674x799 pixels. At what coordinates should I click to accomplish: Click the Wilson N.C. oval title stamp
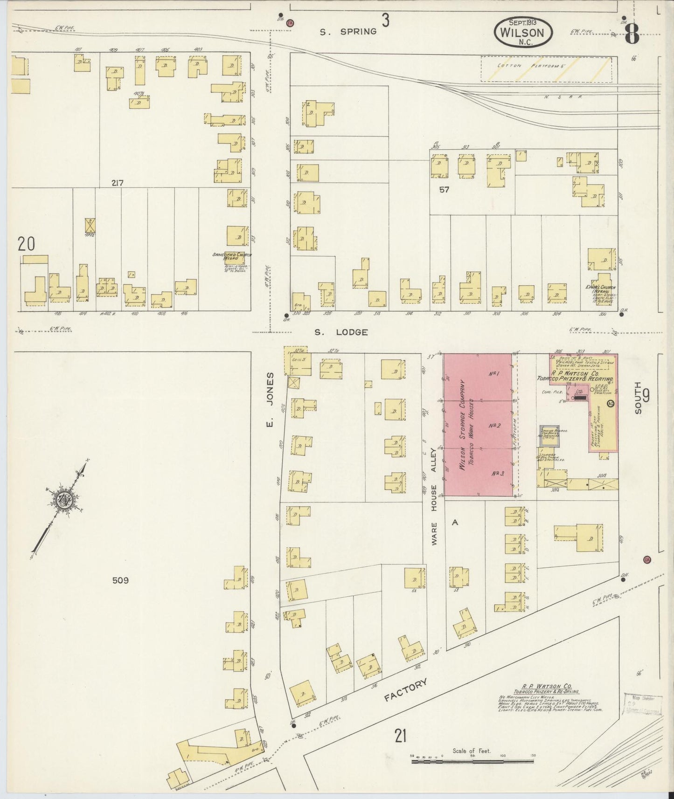pos(523,31)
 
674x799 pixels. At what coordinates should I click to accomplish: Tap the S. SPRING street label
pos(348,32)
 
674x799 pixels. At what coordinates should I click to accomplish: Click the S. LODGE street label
pos(341,332)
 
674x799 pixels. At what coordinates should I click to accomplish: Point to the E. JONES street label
pos(271,399)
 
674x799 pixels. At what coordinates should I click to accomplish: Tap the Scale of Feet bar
pos(472,761)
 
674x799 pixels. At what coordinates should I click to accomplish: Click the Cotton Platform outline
pos(546,69)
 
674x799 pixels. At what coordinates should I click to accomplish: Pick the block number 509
pos(120,580)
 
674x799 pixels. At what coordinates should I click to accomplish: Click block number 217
pos(117,183)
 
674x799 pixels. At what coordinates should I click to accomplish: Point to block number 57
pos(444,190)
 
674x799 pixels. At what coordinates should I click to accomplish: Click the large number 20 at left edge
pos(27,244)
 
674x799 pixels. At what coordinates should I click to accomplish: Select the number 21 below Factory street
pos(400,737)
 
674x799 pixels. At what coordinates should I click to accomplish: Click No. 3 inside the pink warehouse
pos(498,473)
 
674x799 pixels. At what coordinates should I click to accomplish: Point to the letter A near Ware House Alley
pos(455,523)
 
